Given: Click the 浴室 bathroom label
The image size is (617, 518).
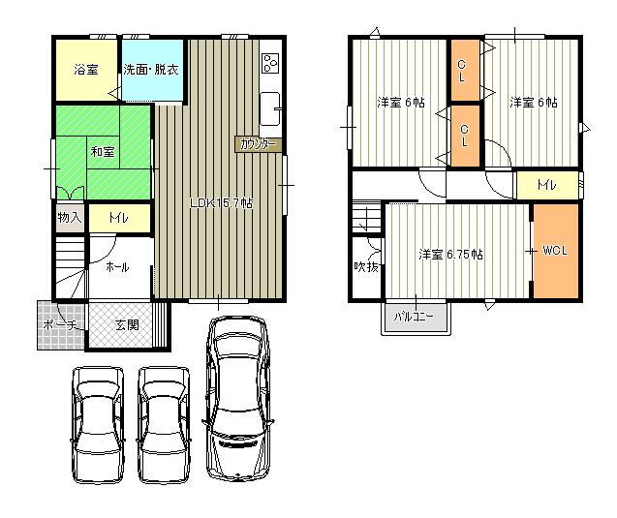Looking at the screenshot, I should pos(85,70).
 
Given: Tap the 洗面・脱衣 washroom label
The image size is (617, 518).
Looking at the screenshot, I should pos(150,70).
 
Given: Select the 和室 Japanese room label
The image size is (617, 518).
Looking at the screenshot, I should pos(103,152).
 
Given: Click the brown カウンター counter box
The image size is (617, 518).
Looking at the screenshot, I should pos(257,144).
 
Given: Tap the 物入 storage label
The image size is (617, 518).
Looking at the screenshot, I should pos(69,218).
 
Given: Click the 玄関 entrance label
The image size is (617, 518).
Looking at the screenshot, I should pos(126,324).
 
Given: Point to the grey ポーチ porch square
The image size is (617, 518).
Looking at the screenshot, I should pos(61,326).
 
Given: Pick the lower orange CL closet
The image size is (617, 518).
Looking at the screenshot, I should pos(465,135).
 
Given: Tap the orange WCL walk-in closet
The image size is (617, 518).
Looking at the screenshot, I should pos(555,251).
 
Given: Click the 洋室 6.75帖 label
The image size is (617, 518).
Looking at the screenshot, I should pos(451,255).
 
